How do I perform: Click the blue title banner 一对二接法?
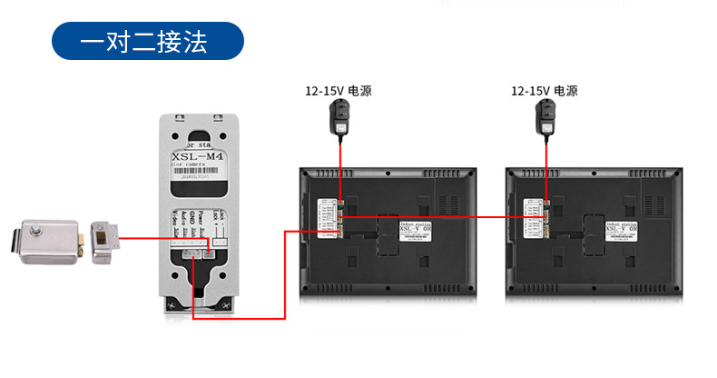click(147, 43)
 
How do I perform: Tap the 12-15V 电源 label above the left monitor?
click(339, 92)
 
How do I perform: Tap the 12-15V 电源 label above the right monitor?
click(545, 92)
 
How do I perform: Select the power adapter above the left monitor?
click(339, 118)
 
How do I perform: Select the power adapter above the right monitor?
click(545, 118)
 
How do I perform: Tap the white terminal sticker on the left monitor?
click(327, 218)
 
